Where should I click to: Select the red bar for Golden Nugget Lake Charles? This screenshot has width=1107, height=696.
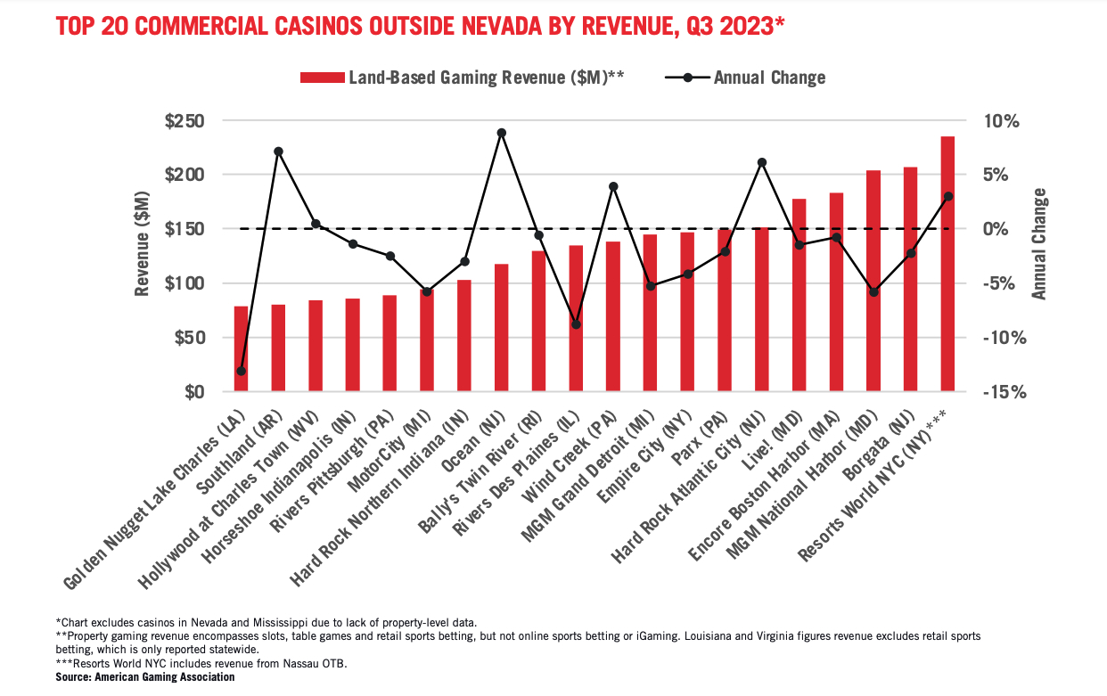(x=241, y=348)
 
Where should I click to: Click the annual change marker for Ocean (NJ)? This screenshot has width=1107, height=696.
(x=501, y=133)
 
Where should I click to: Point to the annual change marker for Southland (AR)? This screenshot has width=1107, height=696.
(x=278, y=151)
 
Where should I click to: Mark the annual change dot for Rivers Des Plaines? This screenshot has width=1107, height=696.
(x=576, y=324)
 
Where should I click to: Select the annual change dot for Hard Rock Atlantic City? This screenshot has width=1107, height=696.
(x=761, y=162)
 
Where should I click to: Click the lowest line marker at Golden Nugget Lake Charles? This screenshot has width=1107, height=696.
(x=241, y=371)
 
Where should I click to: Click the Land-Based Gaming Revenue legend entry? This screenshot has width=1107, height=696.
(x=462, y=78)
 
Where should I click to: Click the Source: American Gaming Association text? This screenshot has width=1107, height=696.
(x=145, y=677)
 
